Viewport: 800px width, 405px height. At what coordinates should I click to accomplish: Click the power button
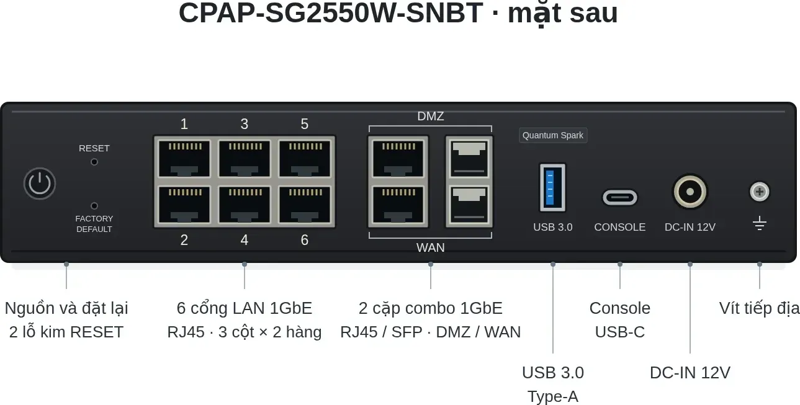tap(40, 184)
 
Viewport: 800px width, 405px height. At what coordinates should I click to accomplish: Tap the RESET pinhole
tap(94, 162)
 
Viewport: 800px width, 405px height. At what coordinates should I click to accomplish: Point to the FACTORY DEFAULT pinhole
tap(94, 206)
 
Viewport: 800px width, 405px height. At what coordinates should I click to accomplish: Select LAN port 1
tap(184, 158)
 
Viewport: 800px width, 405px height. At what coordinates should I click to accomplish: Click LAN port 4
tap(245, 205)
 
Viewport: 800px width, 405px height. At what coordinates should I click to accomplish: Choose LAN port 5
tap(305, 158)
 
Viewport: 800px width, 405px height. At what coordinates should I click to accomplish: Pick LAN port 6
tap(305, 205)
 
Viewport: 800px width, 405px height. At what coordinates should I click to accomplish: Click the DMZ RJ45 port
tap(398, 158)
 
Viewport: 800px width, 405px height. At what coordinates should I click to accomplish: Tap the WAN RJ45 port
tap(398, 205)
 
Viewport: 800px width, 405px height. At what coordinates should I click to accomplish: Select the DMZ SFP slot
tap(469, 158)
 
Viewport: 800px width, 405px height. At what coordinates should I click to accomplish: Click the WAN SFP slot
tap(469, 205)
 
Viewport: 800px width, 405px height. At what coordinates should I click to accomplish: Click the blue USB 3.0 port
tap(552, 188)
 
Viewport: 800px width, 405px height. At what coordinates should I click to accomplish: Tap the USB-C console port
tap(620, 198)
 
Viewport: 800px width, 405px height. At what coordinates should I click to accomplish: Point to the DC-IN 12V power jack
tap(690, 192)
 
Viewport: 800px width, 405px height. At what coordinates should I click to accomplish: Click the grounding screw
tap(760, 192)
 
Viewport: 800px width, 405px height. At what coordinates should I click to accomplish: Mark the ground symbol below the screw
tap(760, 223)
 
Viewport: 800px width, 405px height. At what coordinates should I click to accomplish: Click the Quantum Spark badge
tap(553, 135)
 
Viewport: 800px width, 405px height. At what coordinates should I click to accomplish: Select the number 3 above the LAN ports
tap(245, 124)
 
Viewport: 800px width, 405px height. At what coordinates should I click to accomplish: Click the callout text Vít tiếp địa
tap(759, 308)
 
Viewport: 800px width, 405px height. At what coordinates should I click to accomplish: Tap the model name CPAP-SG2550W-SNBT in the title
tap(331, 13)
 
